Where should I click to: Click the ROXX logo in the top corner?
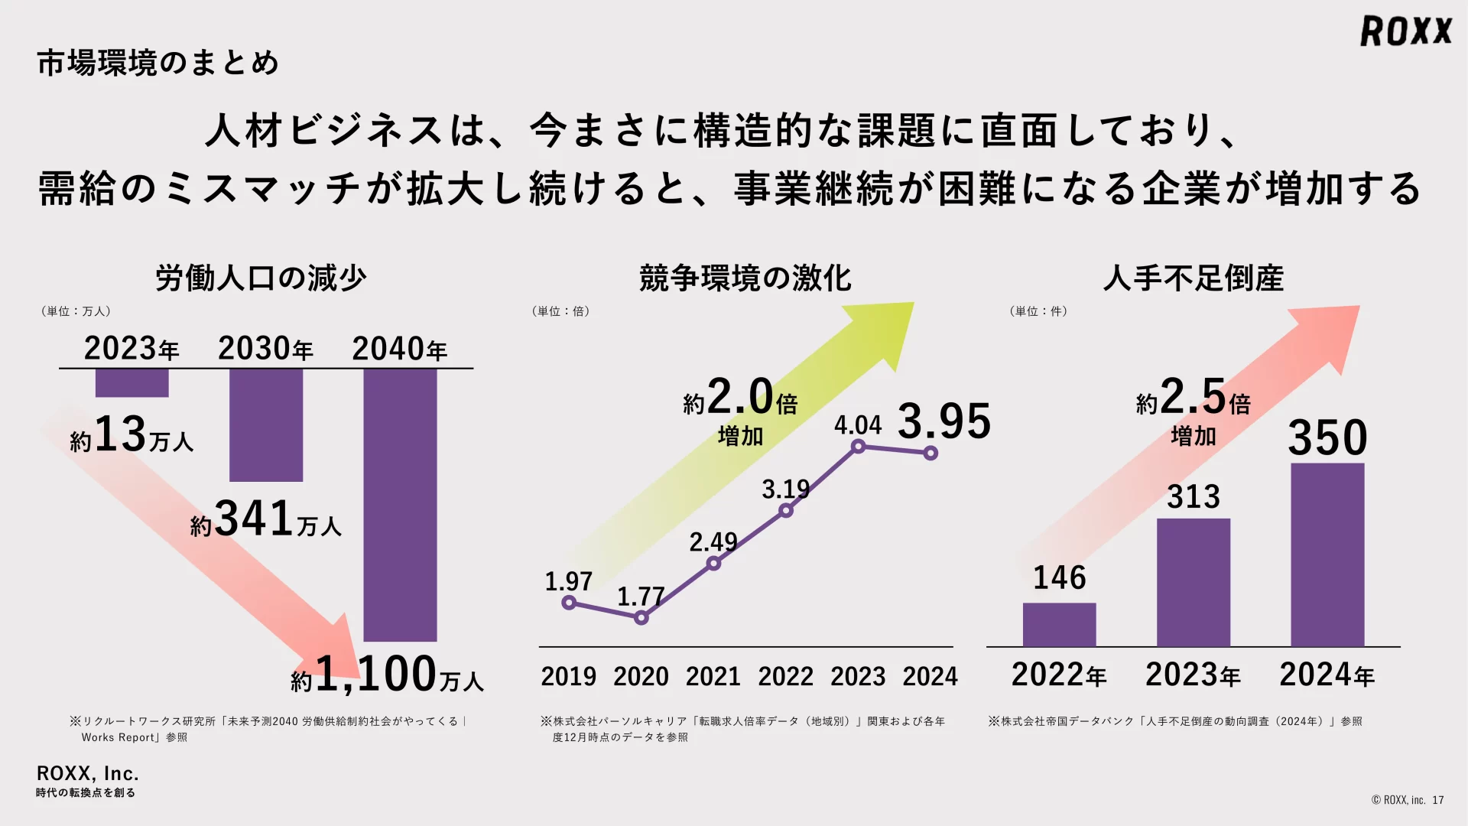[1405, 31]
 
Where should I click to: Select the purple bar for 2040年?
[400, 505]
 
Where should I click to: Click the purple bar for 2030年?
[266, 425]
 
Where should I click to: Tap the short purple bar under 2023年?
[132, 383]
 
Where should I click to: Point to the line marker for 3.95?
[930, 454]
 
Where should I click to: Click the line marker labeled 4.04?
[859, 447]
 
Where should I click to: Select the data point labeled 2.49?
[713, 564]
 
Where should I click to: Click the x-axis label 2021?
[713, 677]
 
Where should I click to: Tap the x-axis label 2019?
[568, 677]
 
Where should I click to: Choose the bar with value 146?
[1059, 625]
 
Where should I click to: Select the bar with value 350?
[1327, 554]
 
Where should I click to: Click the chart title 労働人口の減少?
[261, 278]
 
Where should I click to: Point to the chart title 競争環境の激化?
[745, 278]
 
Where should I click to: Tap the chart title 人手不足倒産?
[1193, 278]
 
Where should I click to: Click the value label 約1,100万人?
[387, 675]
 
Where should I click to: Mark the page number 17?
[1438, 800]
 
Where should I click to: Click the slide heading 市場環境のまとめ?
[158, 63]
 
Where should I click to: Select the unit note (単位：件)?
[1038, 311]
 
